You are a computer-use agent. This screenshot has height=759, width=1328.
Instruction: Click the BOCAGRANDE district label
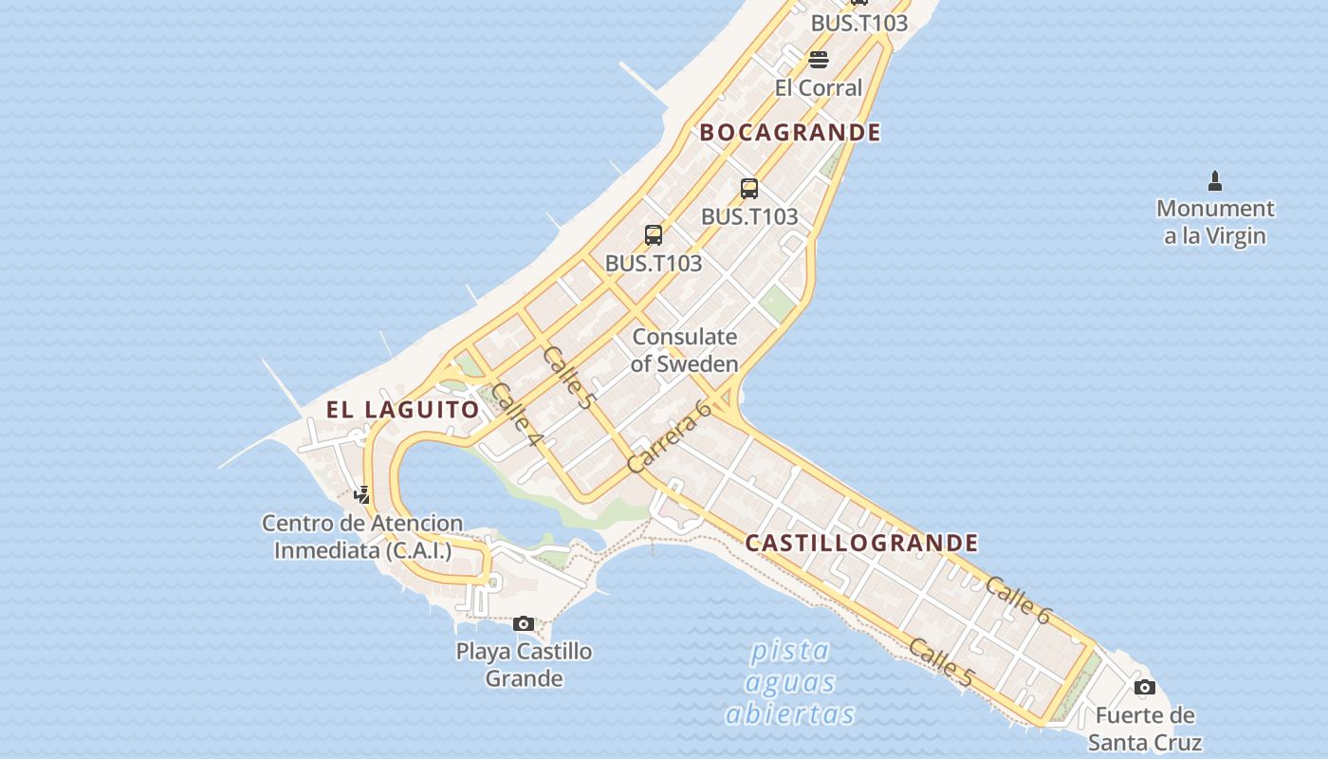coord(790,132)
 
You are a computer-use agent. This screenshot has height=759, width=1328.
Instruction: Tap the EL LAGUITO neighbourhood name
coord(403,410)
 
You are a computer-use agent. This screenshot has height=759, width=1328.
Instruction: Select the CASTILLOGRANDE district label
coord(861,543)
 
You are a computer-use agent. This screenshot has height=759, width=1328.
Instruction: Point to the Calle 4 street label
coord(517,414)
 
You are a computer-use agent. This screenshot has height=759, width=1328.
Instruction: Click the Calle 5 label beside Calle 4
coord(567,378)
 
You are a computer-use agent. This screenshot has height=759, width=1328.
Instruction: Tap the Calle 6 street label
coord(1018,601)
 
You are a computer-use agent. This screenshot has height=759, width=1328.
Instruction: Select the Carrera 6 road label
coord(670,436)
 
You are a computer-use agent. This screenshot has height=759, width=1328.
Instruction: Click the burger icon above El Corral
coord(819,60)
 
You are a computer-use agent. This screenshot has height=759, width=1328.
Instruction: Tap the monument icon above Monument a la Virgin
coord(1215,180)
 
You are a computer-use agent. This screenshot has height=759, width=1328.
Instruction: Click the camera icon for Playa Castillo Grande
coord(523,623)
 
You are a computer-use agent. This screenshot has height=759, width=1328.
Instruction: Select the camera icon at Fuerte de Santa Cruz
coord(1145,687)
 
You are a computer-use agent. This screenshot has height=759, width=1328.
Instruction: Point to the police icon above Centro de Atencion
coord(361,494)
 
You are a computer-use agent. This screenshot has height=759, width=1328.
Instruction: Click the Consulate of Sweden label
coord(684,350)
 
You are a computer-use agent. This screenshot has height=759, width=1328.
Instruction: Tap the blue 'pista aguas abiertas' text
coord(789,682)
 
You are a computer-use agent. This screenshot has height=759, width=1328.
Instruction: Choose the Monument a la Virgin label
coord(1215,221)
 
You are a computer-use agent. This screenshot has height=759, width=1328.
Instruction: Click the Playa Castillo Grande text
coord(524,664)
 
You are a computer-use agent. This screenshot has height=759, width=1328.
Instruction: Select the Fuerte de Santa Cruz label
coord(1145,728)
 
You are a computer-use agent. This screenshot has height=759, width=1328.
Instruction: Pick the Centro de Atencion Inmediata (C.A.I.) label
coord(362,536)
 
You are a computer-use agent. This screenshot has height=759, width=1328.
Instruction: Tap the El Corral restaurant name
coord(819,88)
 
